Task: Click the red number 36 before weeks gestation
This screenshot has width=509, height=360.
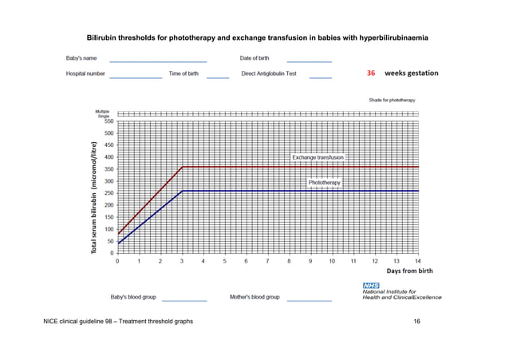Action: (371, 73)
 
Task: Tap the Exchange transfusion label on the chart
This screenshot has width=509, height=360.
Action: (318, 158)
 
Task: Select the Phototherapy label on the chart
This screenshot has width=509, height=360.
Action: (324, 183)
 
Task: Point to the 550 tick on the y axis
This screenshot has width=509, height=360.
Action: (107, 121)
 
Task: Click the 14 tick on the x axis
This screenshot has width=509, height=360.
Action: (417, 261)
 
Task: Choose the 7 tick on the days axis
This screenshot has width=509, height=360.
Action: (267, 261)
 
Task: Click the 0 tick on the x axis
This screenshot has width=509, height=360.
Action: (118, 261)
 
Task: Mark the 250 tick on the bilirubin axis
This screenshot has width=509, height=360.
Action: (107, 193)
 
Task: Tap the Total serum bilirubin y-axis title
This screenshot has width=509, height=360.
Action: (94, 198)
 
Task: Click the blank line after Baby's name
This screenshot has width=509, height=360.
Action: (158, 61)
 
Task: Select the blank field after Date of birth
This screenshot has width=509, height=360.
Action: (309, 61)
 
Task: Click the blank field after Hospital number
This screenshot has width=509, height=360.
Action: (136, 77)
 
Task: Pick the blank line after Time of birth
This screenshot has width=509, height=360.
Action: (217, 77)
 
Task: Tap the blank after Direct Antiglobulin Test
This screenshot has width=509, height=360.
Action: (321, 77)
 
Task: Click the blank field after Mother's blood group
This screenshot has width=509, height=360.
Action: (309, 300)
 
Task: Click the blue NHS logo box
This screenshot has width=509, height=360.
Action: (372, 285)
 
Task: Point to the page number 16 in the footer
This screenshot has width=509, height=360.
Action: (416, 321)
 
